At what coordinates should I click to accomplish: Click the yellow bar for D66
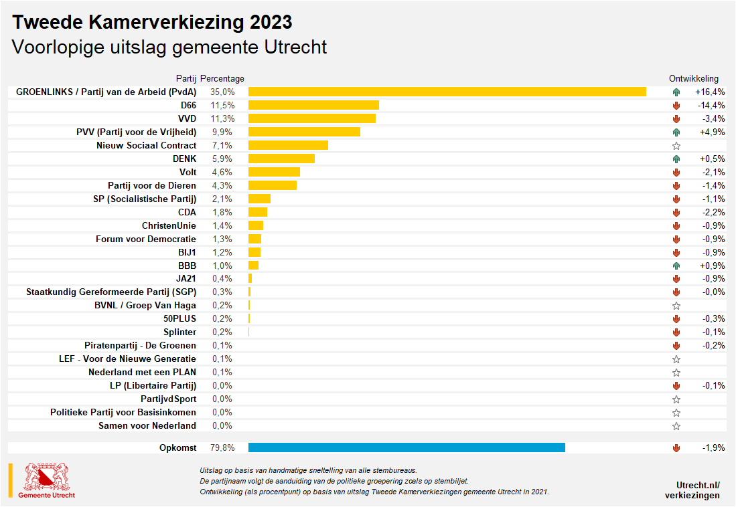313,105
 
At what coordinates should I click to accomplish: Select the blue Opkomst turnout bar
407,447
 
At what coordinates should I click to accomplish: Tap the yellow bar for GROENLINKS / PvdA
447,92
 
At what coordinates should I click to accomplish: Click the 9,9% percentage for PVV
222,132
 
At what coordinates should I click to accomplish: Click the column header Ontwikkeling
693,78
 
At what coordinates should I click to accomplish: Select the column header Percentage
222,78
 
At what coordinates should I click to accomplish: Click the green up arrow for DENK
676,159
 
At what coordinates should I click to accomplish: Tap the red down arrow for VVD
676,118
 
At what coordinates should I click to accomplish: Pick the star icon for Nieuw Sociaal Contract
676,145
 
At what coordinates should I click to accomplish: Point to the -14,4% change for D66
711,105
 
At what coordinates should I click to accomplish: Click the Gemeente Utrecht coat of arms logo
46,478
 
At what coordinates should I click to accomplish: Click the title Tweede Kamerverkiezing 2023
153,22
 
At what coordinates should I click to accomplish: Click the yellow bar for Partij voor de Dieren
272,185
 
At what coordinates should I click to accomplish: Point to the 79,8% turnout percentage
222,447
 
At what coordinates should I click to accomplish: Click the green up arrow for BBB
676,266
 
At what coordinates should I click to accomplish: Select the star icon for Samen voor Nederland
676,426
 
